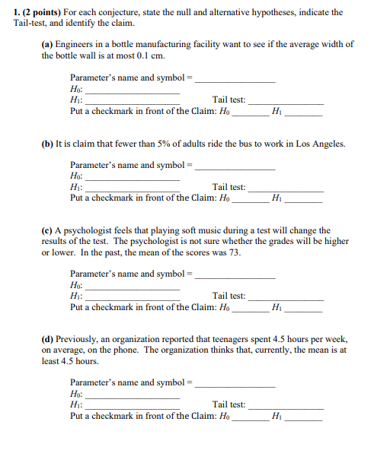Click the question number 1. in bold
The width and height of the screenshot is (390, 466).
[x=17, y=12]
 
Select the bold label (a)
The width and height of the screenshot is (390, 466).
[x=47, y=44]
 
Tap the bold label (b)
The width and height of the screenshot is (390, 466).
[x=47, y=144]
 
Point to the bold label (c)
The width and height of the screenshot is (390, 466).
[x=47, y=230]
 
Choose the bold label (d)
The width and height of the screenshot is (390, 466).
[x=47, y=339]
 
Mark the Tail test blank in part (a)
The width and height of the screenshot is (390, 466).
[x=286, y=102]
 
